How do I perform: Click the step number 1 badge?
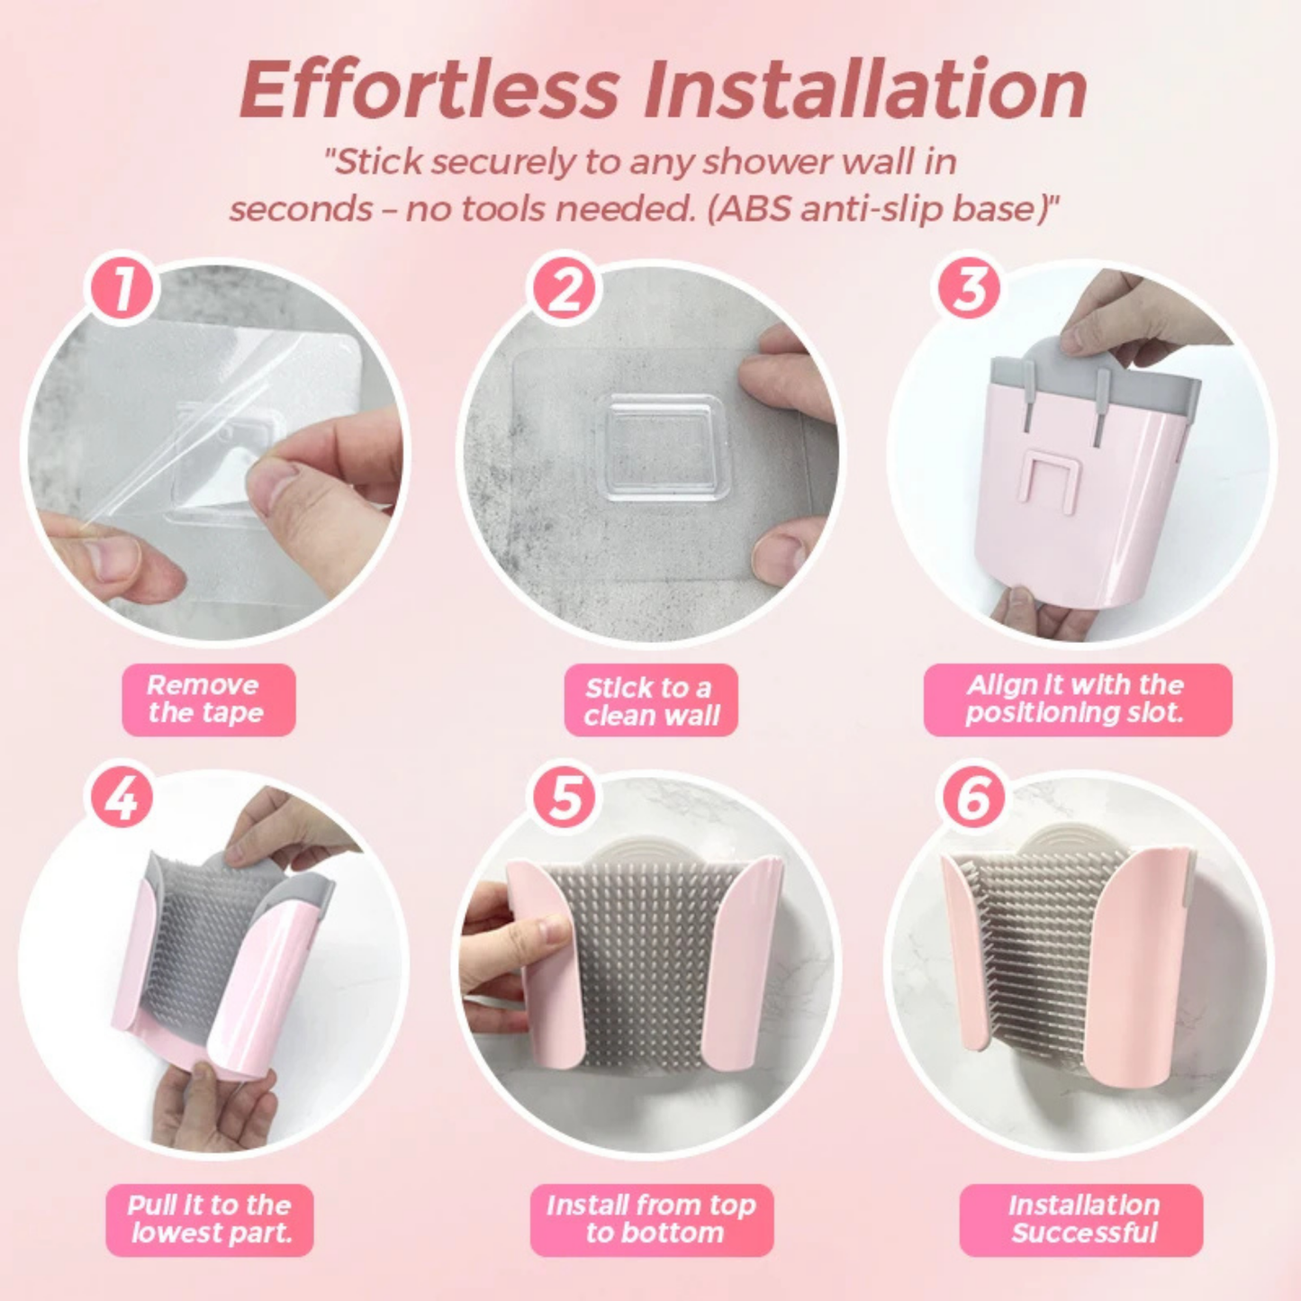coord(122,288)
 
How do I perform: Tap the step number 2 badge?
coord(565,290)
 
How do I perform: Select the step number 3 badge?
coord(969,290)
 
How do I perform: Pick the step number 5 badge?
coord(565,798)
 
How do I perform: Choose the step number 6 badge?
coord(974,798)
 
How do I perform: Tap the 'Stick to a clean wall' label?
coord(651,701)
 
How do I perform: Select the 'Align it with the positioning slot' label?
coord(1077,700)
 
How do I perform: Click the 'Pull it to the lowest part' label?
coord(210,1219)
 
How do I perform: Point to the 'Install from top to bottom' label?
coord(652,1219)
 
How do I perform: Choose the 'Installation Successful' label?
coord(1081,1219)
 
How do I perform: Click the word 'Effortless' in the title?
coord(430,90)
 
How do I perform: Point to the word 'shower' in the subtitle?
coord(767,162)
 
